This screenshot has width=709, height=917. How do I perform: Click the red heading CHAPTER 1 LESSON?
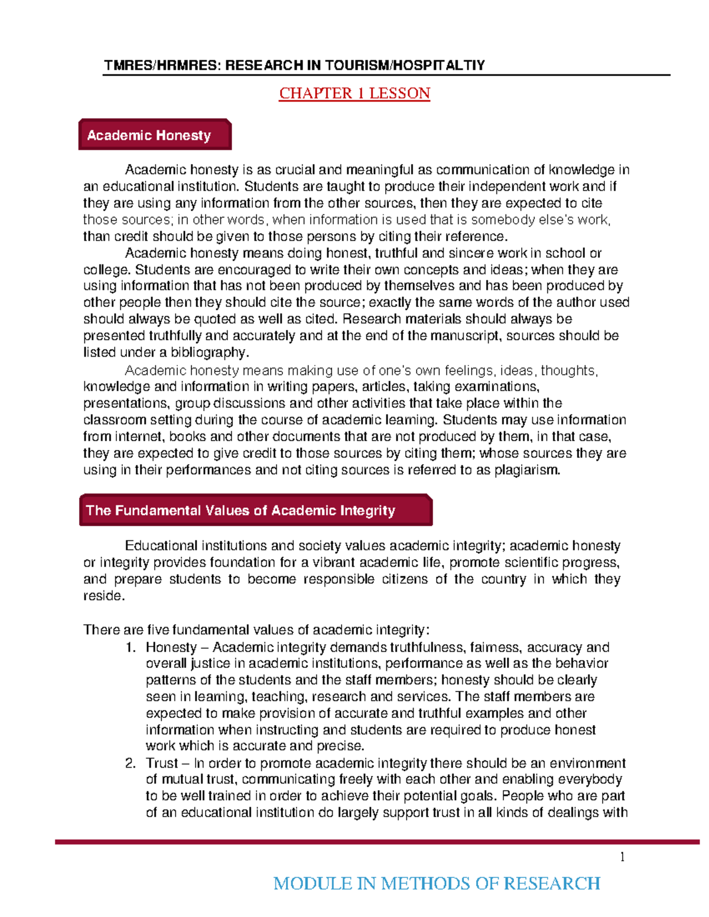354,93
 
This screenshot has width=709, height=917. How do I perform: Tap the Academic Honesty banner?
154,135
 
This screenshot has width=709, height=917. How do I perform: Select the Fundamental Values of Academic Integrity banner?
255,510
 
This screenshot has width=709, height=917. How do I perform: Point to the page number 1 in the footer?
622,857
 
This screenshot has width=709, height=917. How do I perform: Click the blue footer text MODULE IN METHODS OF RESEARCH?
437,883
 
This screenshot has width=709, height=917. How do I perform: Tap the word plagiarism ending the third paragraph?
526,470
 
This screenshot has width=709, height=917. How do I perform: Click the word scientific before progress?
522,562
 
